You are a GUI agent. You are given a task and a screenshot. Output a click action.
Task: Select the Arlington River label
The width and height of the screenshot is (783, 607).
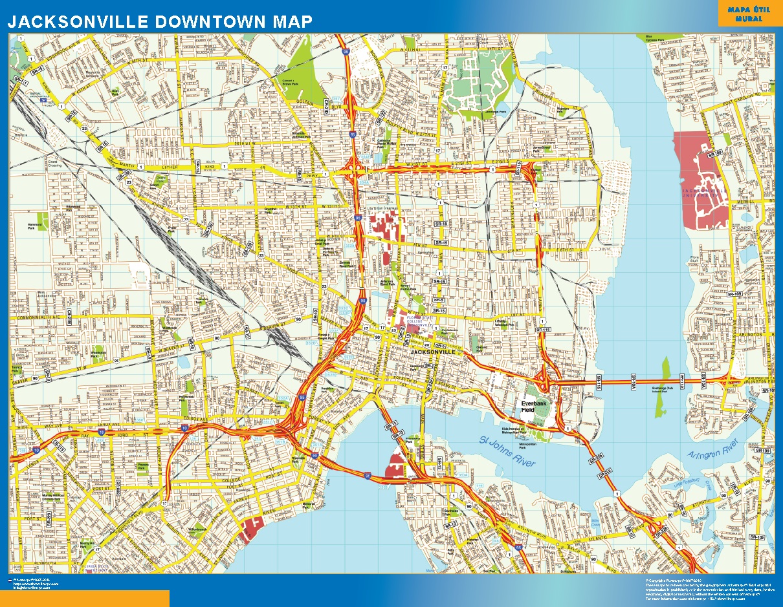(714, 447)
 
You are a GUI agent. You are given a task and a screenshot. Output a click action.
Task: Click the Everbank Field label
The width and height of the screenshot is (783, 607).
(535, 405)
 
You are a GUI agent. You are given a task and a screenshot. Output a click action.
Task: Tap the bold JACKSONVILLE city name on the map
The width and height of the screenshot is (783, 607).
(437, 352)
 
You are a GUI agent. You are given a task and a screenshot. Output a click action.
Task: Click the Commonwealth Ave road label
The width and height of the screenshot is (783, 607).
(39, 318)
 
